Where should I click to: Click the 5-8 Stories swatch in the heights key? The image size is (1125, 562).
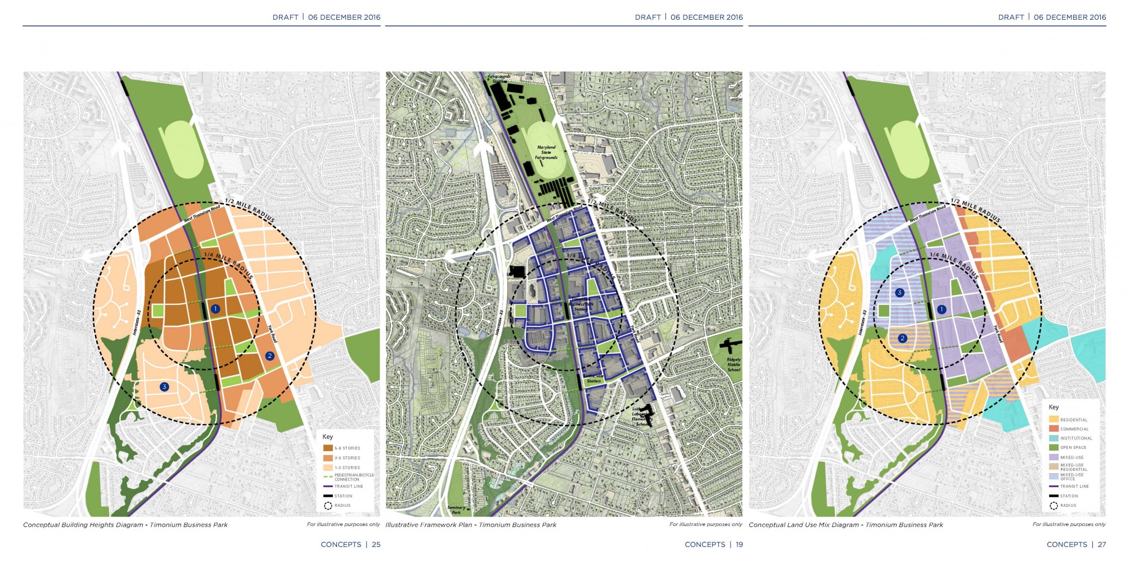[x=328, y=448]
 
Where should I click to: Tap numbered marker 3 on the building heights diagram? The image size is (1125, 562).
[x=164, y=386]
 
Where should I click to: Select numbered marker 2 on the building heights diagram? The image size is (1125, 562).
[x=269, y=356]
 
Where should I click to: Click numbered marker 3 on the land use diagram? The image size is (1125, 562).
[x=899, y=293]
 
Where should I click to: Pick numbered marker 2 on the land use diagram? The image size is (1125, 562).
[x=902, y=338]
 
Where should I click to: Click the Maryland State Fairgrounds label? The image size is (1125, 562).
[x=546, y=152]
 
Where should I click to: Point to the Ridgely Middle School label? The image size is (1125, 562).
[x=733, y=365]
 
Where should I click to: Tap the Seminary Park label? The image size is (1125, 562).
[x=456, y=510]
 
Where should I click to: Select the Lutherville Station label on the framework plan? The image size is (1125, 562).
[x=593, y=379]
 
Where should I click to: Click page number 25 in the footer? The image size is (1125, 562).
[x=376, y=545]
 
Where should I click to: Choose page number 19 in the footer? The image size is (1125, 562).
[x=739, y=545]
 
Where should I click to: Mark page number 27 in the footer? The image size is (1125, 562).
[x=1101, y=545]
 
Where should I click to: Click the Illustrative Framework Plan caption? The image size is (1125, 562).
[x=471, y=525]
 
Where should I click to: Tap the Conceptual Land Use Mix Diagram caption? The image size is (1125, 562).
[x=845, y=525]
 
